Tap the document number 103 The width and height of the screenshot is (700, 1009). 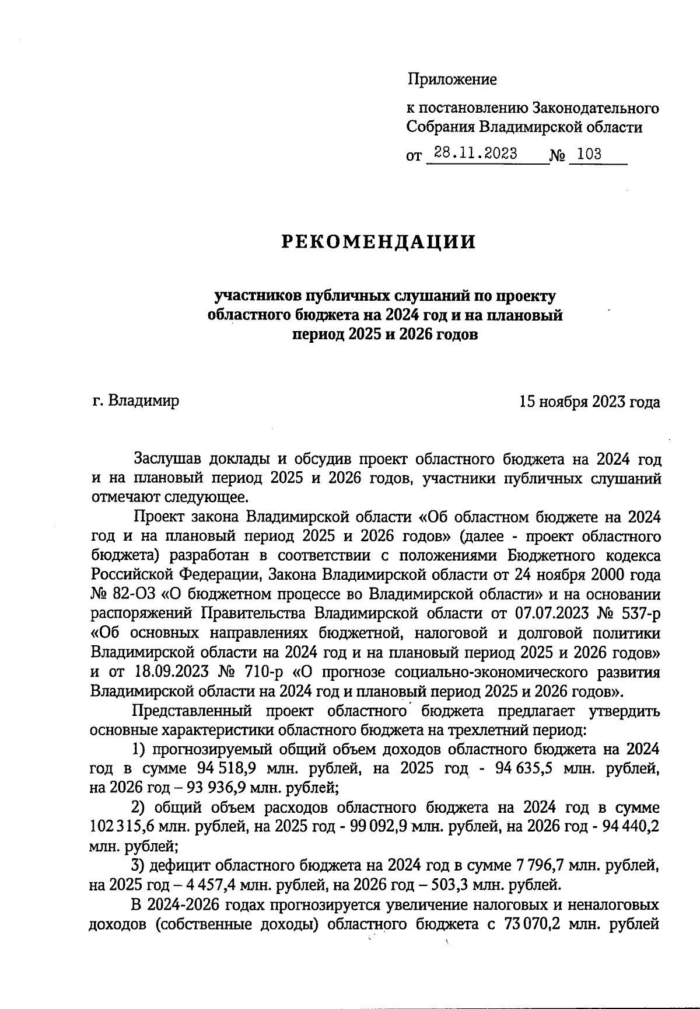coord(589,154)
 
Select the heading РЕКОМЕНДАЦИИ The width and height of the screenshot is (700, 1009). coord(379,242)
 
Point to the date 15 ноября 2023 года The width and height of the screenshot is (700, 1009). coord(590,402)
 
